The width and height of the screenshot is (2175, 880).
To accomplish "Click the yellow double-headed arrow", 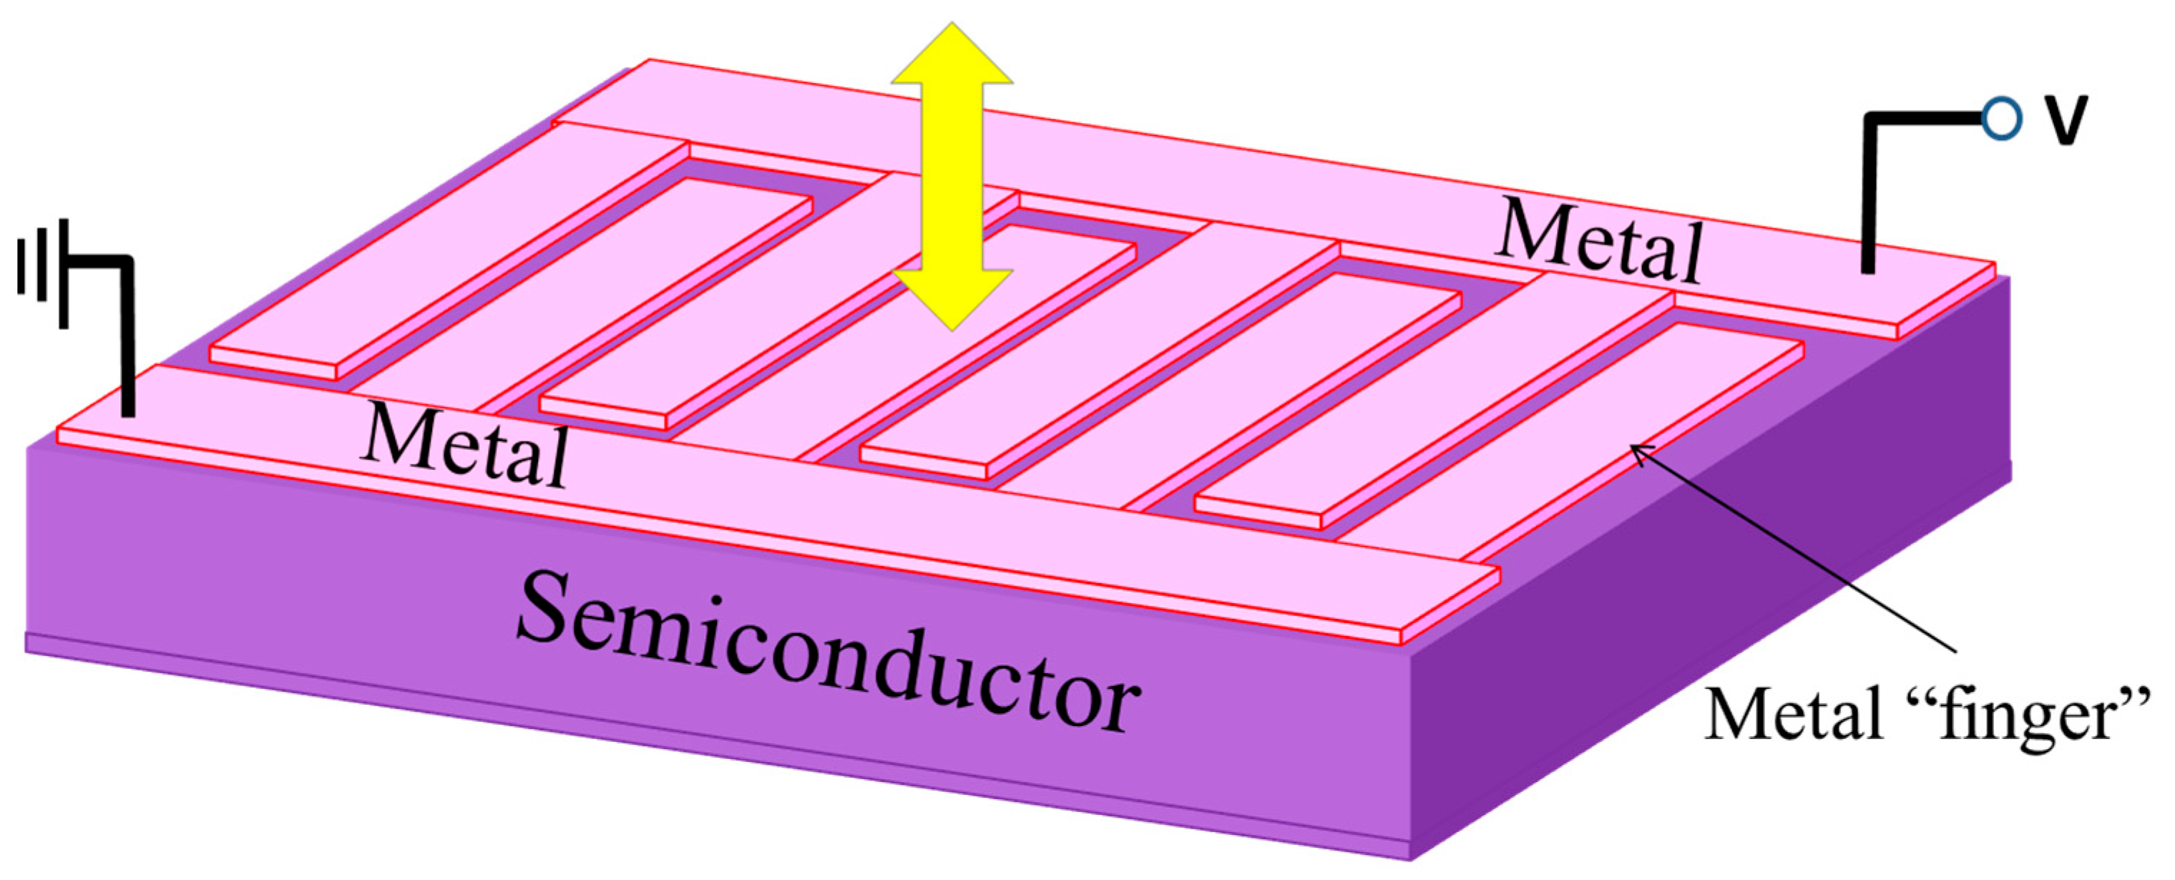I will click(952, 177).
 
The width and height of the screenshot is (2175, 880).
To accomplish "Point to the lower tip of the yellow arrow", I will click(952, 328).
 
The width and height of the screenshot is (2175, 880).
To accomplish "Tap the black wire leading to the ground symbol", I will click(127, 338).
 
